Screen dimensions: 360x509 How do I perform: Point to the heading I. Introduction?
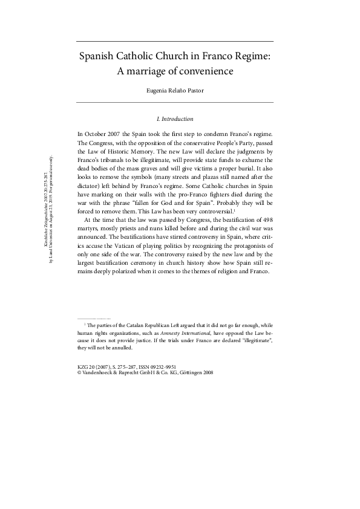click(x=175, y=118)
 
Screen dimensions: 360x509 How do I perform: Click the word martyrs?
click(x=90, y=247)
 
